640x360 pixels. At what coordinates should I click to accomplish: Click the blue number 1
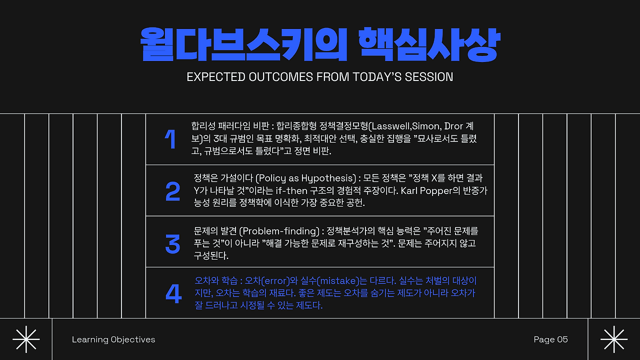coord(170,139)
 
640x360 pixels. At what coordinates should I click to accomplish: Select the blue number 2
coord(173,191)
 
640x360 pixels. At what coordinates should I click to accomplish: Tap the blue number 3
coord(173,243)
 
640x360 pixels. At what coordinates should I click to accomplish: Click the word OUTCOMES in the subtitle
coord(280,77)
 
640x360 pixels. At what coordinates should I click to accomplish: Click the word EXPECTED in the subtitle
coord(216,77)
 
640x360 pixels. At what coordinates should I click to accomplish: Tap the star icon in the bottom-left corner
coord(26,339)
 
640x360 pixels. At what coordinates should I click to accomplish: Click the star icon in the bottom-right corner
coord(614,339)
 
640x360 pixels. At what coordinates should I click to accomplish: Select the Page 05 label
coord(550,339)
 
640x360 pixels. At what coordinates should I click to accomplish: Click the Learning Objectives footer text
coord(113,339)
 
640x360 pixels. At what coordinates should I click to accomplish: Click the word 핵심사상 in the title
coord(429,44)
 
